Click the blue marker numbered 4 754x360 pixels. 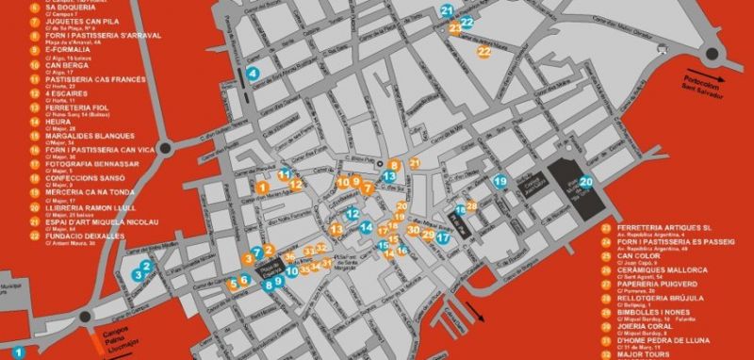(x=252, y=74)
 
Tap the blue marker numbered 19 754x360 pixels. (x=500, y=181)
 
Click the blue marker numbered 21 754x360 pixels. (x=446, y=10)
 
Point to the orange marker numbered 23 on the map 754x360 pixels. (x=456, y=28)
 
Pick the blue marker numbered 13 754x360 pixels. (x=389, y=176)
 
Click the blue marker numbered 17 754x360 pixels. (x=442, y=237)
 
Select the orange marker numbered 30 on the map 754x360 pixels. (x=413, y=230)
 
